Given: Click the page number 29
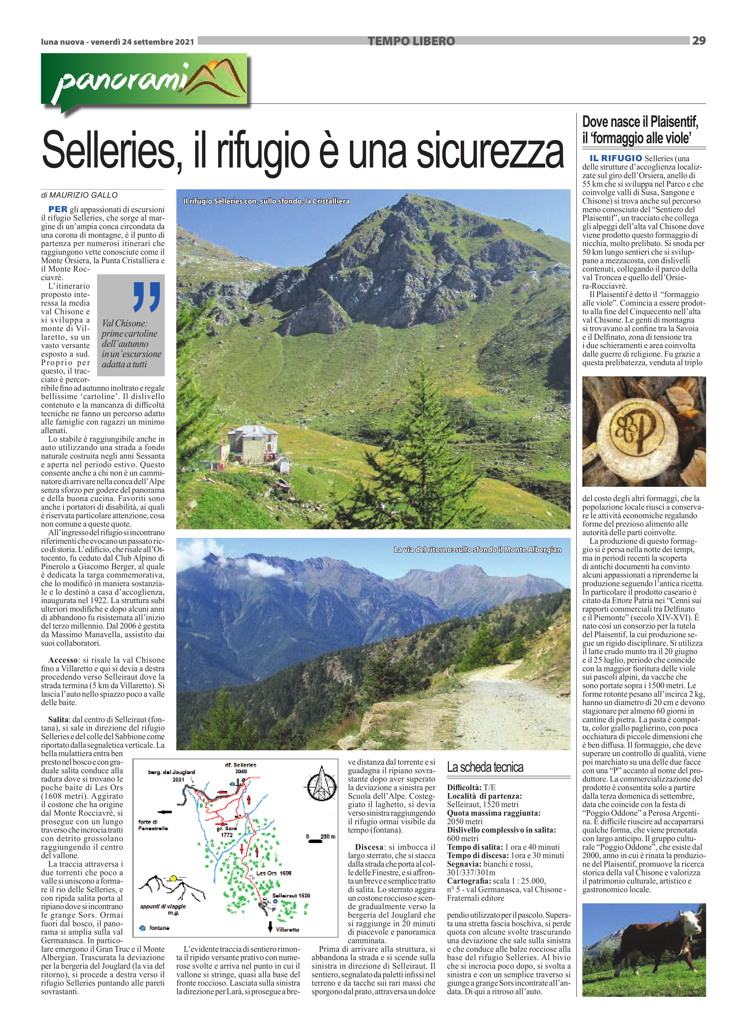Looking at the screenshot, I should tap(699, 41).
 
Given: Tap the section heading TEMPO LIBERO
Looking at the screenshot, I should tap(411, 42).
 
